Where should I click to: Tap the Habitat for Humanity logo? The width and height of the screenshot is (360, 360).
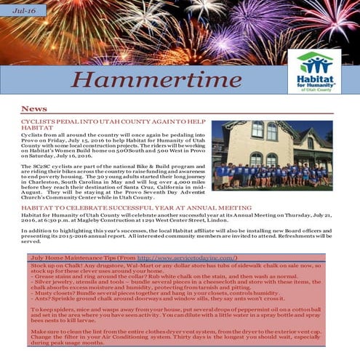[x=314, y=71]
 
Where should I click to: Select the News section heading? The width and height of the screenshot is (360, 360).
[x=35, y=108]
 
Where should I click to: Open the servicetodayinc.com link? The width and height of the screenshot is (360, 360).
[x=186, y=258]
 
